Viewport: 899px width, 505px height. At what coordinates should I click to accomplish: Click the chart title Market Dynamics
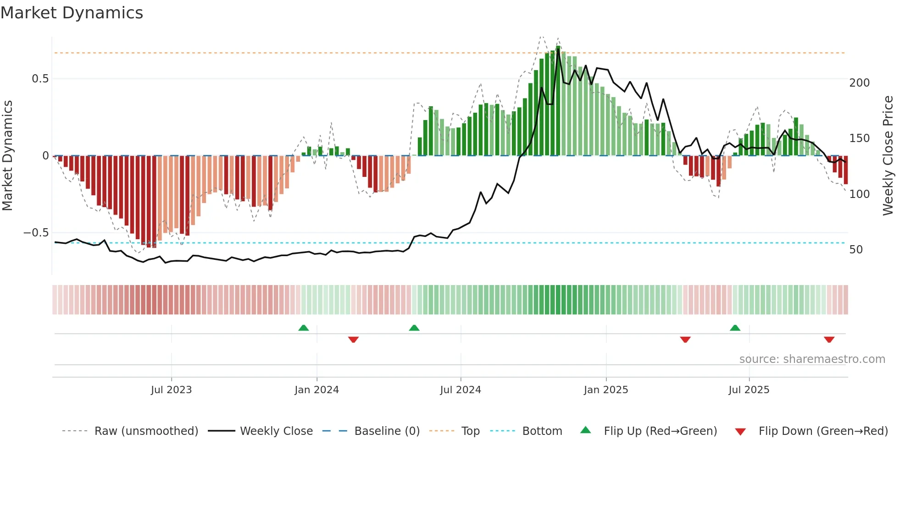pos(72,13)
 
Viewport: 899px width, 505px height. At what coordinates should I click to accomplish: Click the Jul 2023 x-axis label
pos(171,390)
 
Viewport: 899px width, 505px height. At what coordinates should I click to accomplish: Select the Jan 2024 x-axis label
pos(316,390)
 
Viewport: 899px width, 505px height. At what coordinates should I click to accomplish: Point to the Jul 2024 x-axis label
pos(461,390)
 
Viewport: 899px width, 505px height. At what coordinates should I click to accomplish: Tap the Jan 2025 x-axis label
pos(606,390)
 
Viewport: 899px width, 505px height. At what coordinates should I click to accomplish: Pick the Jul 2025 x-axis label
pos(749,390)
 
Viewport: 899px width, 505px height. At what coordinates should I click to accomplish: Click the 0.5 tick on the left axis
pos(40,79)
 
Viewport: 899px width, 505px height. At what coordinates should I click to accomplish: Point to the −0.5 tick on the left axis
pos(36,233)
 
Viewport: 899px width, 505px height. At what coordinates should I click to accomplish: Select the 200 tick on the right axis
pos(860,83)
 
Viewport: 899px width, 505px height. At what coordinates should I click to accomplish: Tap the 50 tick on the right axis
pos(856,250)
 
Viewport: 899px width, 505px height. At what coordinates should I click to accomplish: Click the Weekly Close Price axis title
pos(888,156)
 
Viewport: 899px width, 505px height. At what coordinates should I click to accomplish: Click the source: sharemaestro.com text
pos(812,359)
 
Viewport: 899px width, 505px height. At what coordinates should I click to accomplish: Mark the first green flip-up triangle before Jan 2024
pos(304,328)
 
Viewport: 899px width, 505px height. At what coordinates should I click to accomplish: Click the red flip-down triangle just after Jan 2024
pos(353,340)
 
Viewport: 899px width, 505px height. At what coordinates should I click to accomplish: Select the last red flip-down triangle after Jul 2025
pos(829,340)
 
